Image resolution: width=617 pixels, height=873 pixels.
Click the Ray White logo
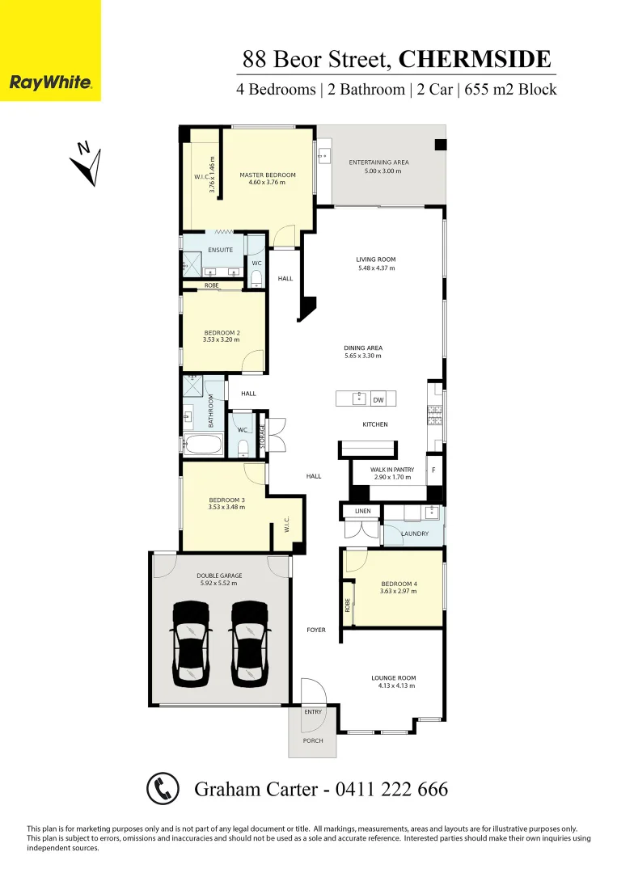click(x=50, y=82)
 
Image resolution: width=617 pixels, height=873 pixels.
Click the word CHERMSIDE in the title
click(x=475, y=59)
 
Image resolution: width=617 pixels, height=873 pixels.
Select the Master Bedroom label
click(x=268, y=175)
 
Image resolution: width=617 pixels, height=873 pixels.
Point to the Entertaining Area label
click(x=378, y=162)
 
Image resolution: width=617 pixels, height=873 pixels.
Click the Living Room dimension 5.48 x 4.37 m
click(x=376, y=268)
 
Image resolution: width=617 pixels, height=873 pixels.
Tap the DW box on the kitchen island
click(x=378, y=399)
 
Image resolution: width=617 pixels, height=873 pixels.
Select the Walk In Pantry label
click(x=392, y=470)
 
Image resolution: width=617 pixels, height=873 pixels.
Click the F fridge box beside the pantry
click(x=433, y=470)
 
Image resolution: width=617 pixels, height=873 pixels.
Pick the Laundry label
click(x=415, y=533)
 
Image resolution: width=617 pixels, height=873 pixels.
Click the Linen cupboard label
click(x=362, y=511)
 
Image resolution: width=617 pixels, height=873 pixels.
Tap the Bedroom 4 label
click(x=399, y=584)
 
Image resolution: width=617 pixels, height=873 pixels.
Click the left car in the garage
click(x=190, y=643)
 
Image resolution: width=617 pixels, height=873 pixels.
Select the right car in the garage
click(x=249, y=643)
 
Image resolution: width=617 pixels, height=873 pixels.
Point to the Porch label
click(x=313, y=740)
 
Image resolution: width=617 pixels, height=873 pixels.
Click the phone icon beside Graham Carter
click(x=163, y=788)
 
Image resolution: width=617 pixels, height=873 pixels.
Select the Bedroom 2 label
click(x=222, y=332)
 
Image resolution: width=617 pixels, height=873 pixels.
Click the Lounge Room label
click(x=394, y=678)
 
